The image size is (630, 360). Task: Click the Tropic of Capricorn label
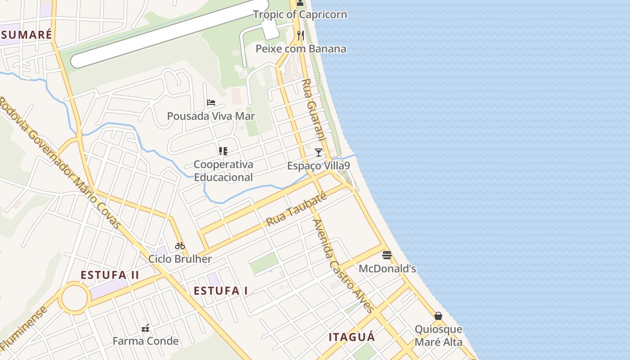(x=300, y=14)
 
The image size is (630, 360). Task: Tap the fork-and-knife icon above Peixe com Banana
(x=300, y=36)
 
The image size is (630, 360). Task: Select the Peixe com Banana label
(x=301, y=49)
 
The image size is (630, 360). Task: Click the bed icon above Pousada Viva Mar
(x=211, y=103)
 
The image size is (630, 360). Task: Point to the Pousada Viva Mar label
(x=211, y=116)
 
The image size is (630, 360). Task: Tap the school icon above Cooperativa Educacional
(x=223, y=151)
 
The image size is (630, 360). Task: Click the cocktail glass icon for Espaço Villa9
(x=319, y=153)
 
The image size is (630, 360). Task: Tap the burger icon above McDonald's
(x=387, y=255)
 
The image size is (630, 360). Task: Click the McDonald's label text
(x=387, y=269)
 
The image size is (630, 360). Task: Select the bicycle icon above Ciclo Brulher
(x=180, y=246)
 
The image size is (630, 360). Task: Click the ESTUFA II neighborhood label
(x=110, y=275)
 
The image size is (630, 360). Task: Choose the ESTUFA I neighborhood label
(x=220, y=291)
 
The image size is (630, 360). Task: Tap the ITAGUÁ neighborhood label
(x=351, y=337)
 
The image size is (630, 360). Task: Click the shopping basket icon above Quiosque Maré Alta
(x=438, y=316)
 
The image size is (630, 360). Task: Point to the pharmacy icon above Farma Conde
(x=145, y=328)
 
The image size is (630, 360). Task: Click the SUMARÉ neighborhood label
(x=27, y=35)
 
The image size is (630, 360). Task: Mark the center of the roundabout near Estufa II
(x=74, y=298)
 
